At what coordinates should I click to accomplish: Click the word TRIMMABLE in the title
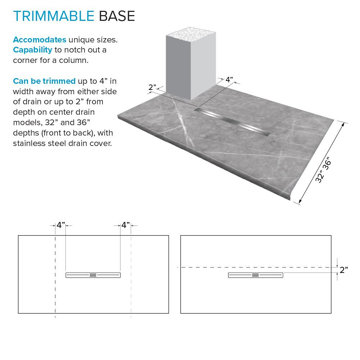[x=54, y=16]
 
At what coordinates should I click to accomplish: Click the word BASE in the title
[x=117, y=16]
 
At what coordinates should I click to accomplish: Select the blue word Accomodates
[x=40, y=40]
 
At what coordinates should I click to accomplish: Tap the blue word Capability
[x=33, y=50]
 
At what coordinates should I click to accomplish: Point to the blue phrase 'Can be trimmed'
[x=44, y=81]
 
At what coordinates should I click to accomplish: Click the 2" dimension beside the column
[x=152, y=87]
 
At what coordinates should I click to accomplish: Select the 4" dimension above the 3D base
[x=229, y=79]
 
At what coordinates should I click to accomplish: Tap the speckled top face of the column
[x=190, y=34]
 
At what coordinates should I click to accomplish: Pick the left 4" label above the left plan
[x=60, y=225]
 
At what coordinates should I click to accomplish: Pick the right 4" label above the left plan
[x=125, y=225]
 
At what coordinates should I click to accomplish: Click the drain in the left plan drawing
[x=93, y=275]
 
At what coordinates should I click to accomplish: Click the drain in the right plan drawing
[x=255, y=275]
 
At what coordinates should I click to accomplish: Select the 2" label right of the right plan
[x=344, y=270]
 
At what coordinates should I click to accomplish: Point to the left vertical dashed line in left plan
[x=55, y=288]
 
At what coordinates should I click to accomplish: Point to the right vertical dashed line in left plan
[x=131, y=288]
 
